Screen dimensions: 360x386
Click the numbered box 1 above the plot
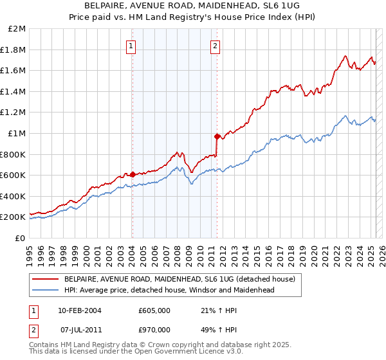131,46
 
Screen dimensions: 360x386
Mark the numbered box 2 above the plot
214,46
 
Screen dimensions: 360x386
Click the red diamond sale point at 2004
132,174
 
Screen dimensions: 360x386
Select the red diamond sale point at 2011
217,136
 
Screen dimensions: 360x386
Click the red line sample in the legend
45,279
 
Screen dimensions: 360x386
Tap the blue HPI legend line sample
45,290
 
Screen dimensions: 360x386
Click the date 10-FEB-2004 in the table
79,310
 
